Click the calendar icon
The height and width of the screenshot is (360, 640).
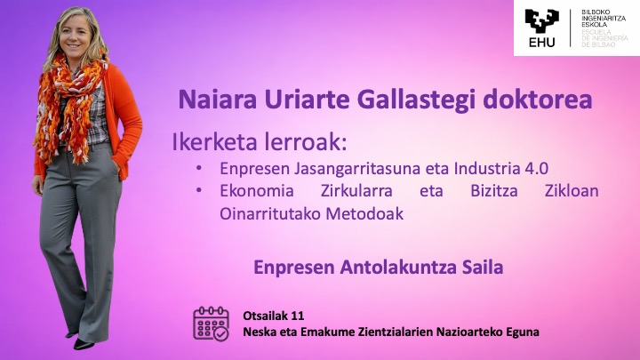tap(211, 324)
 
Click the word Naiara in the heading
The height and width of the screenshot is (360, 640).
tap(218, 100)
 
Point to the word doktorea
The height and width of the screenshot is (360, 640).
tap(538, 100)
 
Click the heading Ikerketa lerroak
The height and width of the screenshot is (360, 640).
tap(260, 142)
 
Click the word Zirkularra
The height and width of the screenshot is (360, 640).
tap(356, 190)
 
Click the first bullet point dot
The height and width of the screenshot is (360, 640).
tap(199, 168)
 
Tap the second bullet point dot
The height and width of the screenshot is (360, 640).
tap(199, 190)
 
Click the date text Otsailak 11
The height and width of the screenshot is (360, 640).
tap(274, 316)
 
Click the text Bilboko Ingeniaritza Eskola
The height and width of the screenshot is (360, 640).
tap(604, 19)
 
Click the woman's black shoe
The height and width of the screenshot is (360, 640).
tap(84, 345)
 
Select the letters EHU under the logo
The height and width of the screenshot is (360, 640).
tap(541, 42)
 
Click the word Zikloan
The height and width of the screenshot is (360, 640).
tap(572, 190)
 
